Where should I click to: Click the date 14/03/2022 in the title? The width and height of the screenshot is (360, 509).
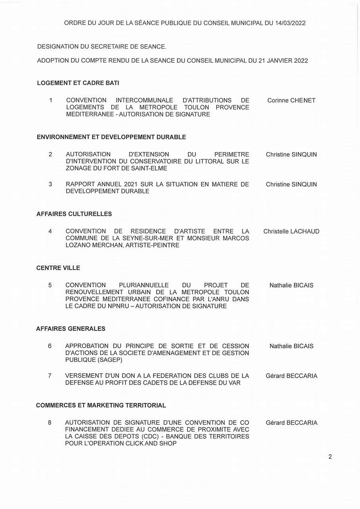290,23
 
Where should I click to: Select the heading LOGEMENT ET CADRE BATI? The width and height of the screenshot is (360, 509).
78,83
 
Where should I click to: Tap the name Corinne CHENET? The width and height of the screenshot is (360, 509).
291,101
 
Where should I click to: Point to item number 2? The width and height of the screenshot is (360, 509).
50,154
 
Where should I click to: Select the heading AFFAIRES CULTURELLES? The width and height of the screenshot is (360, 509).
74,214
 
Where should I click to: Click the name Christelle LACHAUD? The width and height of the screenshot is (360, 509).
291,232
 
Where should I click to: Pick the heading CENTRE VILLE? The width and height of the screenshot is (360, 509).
58,268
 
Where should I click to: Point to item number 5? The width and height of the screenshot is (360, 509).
50,285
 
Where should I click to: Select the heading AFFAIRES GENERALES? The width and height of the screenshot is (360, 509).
70,329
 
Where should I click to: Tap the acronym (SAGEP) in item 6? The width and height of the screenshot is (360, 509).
108,360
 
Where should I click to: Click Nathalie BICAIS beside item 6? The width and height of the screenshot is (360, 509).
291,346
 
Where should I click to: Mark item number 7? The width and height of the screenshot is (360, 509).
50,376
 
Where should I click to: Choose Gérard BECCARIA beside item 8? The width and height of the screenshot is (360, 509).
291,423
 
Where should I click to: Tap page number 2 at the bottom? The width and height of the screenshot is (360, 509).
330,457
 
